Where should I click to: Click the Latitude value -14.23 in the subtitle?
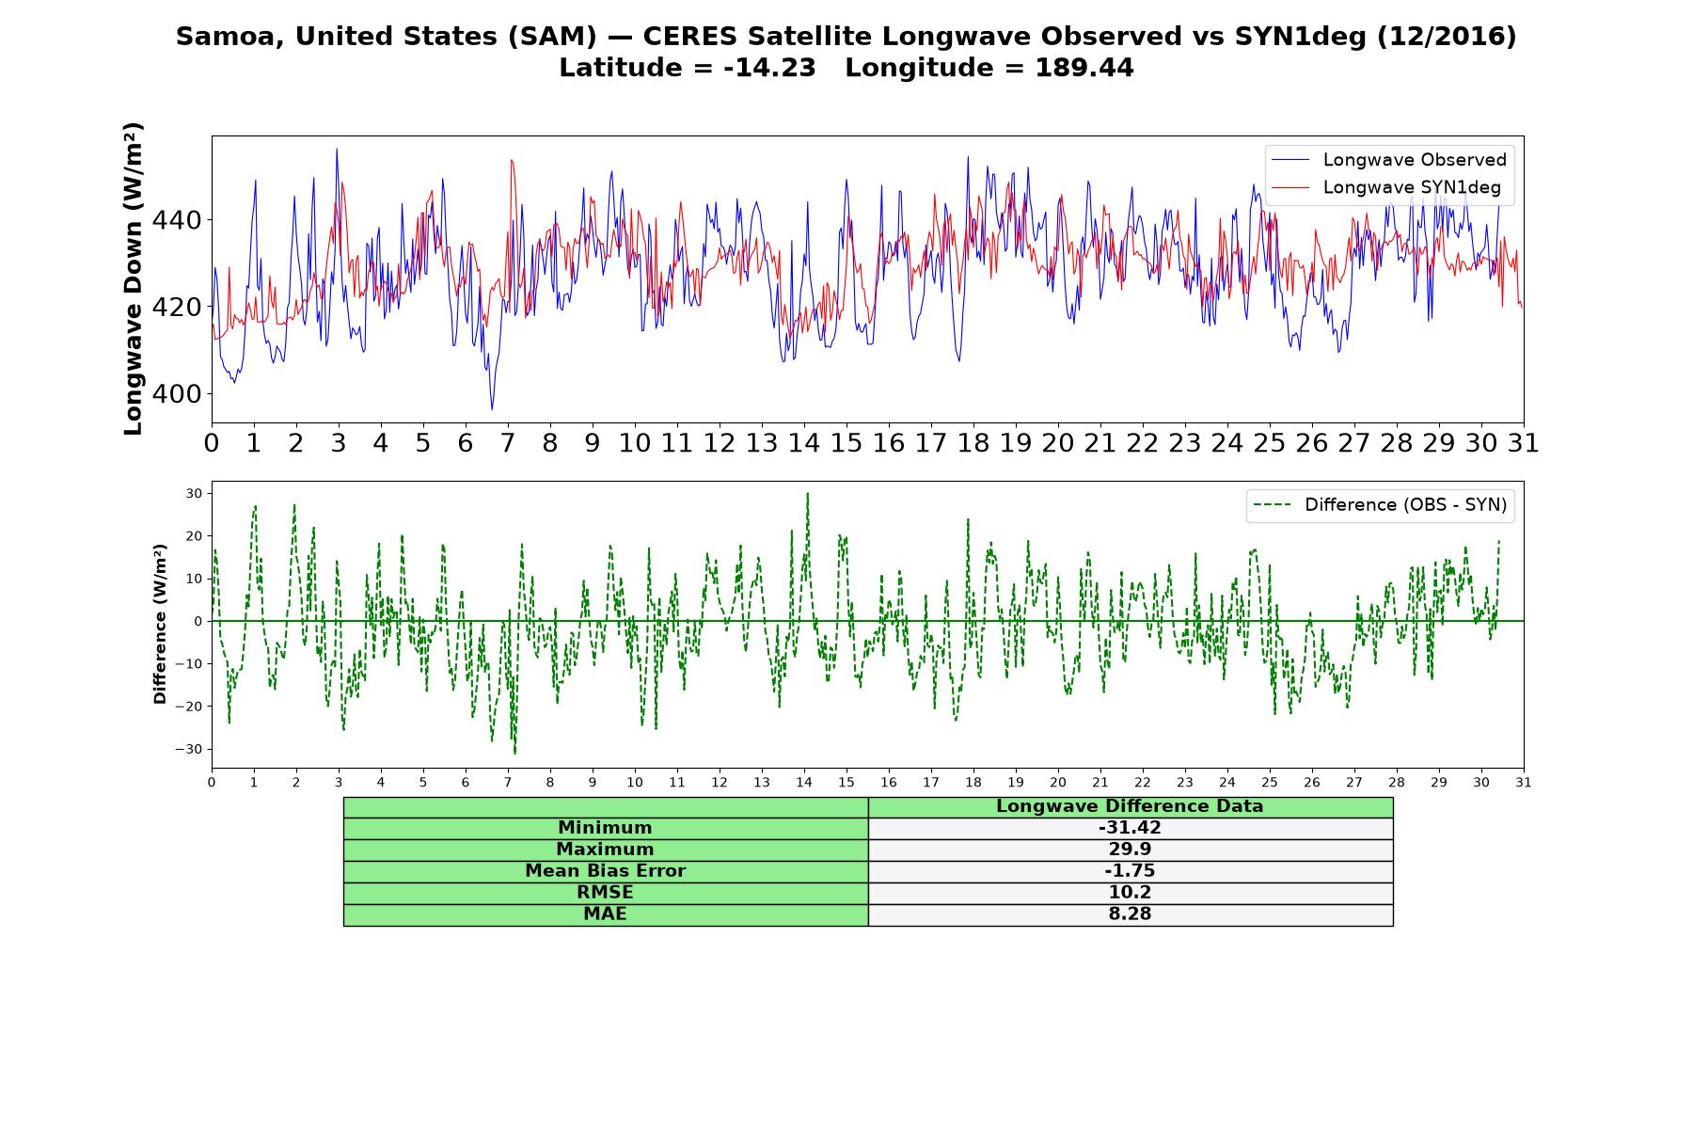pos(769,69)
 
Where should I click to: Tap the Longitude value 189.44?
pos(1084,69)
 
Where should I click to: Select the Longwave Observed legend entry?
pos(1388,160)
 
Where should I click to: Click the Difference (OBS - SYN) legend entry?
pos(1380,505)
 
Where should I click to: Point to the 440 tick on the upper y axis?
pos(177,220)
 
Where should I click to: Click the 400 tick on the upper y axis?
pos(177,394)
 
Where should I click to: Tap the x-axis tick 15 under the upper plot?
pos(846,443)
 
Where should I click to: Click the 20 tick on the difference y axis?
pos(195,536)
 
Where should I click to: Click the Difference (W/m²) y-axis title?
pos(160,624)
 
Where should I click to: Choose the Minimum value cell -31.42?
pos(1130,828)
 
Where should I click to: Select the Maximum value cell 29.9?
pos(1130,850)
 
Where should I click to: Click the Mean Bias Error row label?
pos(605,871)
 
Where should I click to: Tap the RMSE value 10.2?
pos(1130,893)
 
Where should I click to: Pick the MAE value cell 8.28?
pos(1130,914)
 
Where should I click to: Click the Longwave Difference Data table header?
pos(1130,807)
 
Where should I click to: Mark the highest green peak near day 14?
pos(807,494)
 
